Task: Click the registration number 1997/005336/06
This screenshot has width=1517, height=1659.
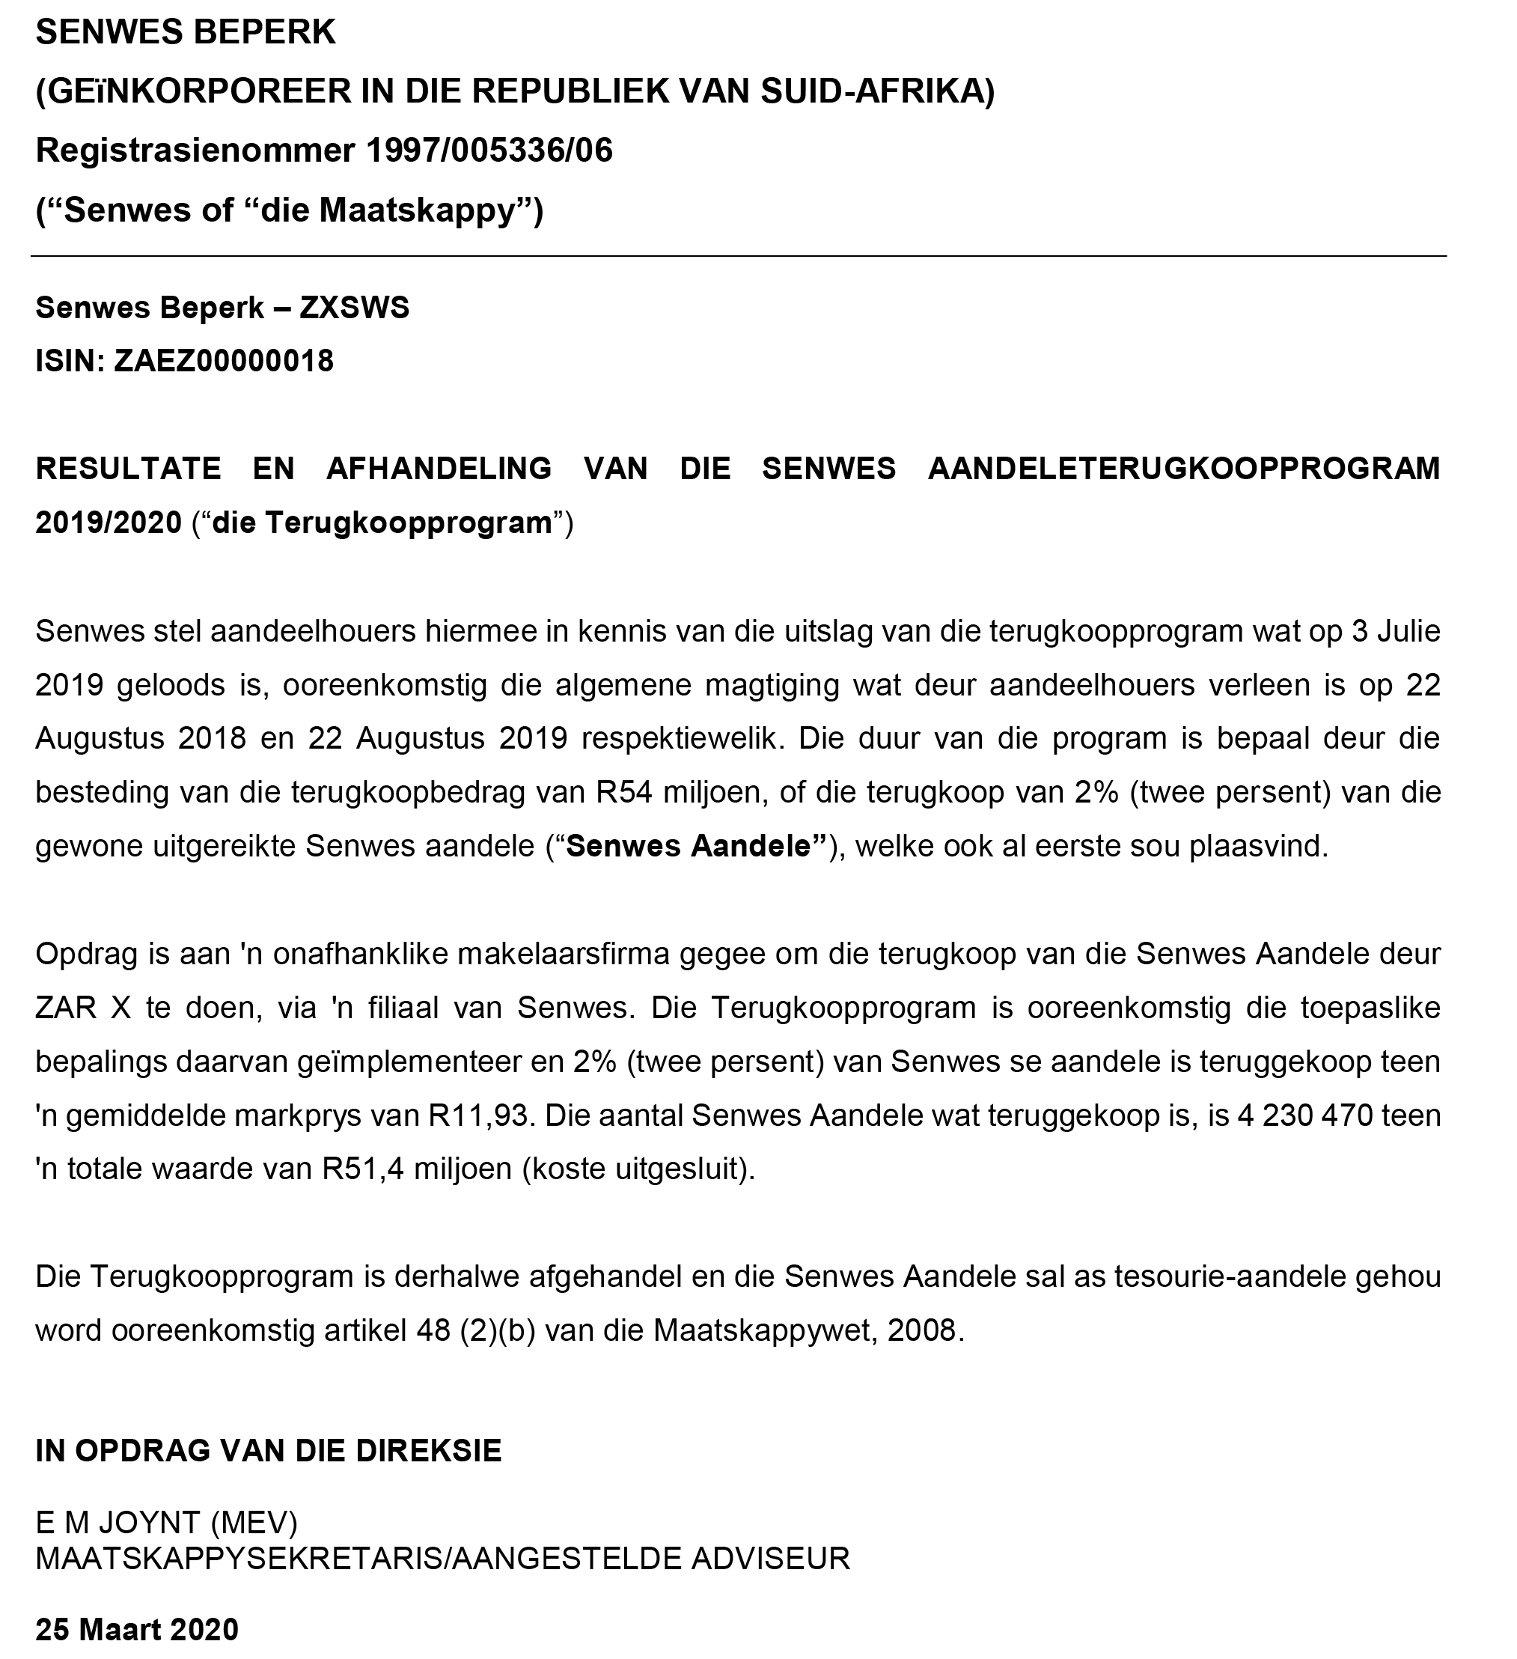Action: (489, 150)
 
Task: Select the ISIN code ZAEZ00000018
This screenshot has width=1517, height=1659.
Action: (224, 360)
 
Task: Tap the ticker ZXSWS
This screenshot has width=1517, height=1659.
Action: (354, 308)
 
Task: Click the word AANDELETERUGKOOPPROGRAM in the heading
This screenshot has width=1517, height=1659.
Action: (1184, 468)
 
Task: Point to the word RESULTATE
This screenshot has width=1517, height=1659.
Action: (128, 468)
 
